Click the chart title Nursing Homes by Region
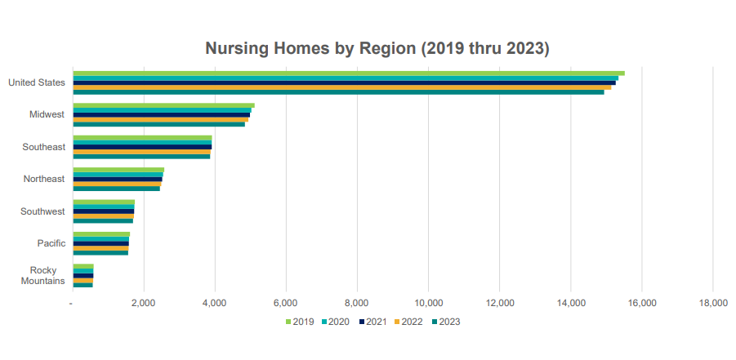click(377, 48)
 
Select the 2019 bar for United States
click(348, 73)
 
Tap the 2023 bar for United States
click(338, 92)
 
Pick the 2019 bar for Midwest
click(163, 105)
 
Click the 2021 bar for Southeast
click(142, 147)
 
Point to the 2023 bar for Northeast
click(116, 189)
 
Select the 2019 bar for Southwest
click(103, 202)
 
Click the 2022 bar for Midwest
click(160, 119)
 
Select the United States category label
click(37, 82)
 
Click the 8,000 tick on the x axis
click(357, 303)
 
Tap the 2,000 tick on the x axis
click(144, 303)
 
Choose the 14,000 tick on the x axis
click(570, 303)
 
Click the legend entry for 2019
click(301, 322)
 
